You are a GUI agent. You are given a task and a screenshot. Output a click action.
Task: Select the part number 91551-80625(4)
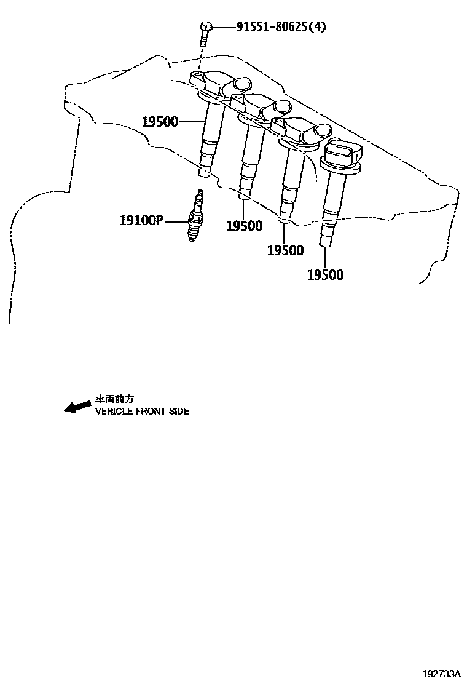pyautogui.click(x=273, y=27)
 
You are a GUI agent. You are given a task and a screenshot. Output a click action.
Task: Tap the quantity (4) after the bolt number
pyautogui.click(x=316, y=27)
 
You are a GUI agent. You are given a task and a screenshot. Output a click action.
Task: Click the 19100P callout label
pyautogui.click(x=140, y=220)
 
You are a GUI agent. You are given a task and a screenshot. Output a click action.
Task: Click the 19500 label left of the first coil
pyautogui.click(x=160, y=122)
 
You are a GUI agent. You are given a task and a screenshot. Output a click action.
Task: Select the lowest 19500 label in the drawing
pyautogui.click(x=325, y=275)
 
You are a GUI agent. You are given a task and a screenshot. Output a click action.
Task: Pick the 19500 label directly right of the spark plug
pyautogui.click(x=244, y=226)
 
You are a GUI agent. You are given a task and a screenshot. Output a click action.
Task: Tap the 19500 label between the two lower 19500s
pyautogui.click(x=285, y=250)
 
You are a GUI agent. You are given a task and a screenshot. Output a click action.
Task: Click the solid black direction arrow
pyautogui.click(x=77, y=407)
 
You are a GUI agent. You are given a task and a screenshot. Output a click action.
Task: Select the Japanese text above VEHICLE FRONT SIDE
pyautogui.click(x=114, y=399)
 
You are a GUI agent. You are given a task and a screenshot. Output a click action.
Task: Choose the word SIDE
pyautogui.click(x=179, y=411)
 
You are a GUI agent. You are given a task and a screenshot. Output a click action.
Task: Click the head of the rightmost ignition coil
pyautogui.click(x=340, y=154)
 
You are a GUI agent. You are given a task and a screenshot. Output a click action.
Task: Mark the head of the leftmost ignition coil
pyautogui.click(x=221, y=84)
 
